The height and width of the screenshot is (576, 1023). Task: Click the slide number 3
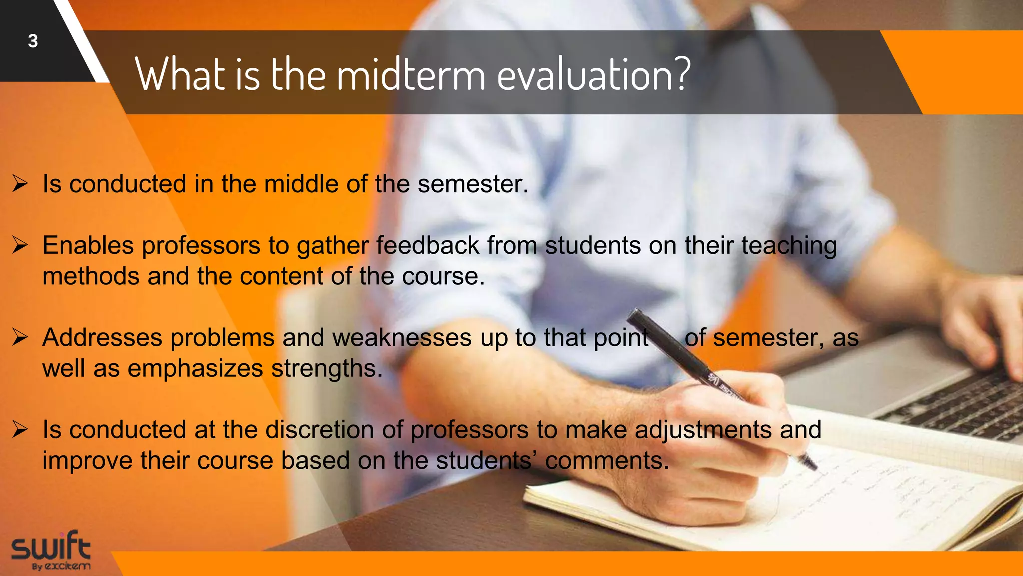point(33,41)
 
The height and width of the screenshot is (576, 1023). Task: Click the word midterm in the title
point(411,75)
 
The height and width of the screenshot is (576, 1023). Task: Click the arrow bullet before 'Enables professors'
point(20,245)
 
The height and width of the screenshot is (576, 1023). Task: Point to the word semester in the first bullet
point(473,184)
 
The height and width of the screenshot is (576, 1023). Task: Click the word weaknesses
point(401,337)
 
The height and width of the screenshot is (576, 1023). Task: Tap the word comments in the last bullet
point(607,461)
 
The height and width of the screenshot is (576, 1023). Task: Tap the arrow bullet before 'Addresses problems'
point(20,337)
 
